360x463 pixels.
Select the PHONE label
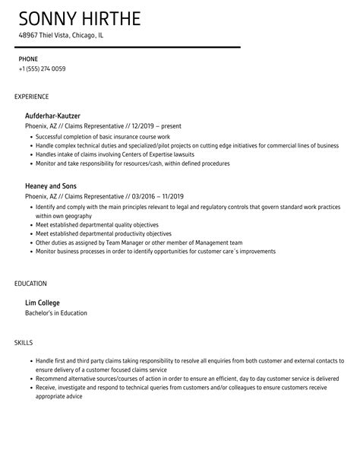(x=28, y=58)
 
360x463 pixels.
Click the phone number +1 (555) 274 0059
(x=42, y=68)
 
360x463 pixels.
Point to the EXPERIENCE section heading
(x=32, y=97)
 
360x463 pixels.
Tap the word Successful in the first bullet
(x=50, y=137)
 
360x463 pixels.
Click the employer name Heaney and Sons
(x=51, y=186)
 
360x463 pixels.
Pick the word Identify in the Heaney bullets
(x=46, y=207)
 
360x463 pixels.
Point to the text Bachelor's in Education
(x=56, y=312)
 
